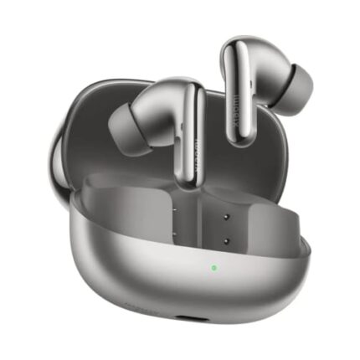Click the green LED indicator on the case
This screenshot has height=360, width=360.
(x=213, y=269)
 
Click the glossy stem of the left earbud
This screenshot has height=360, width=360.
(x=185, y=134)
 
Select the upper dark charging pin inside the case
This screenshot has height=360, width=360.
(x=226, y=214)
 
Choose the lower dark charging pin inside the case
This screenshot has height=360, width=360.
(x=226, y=239)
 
